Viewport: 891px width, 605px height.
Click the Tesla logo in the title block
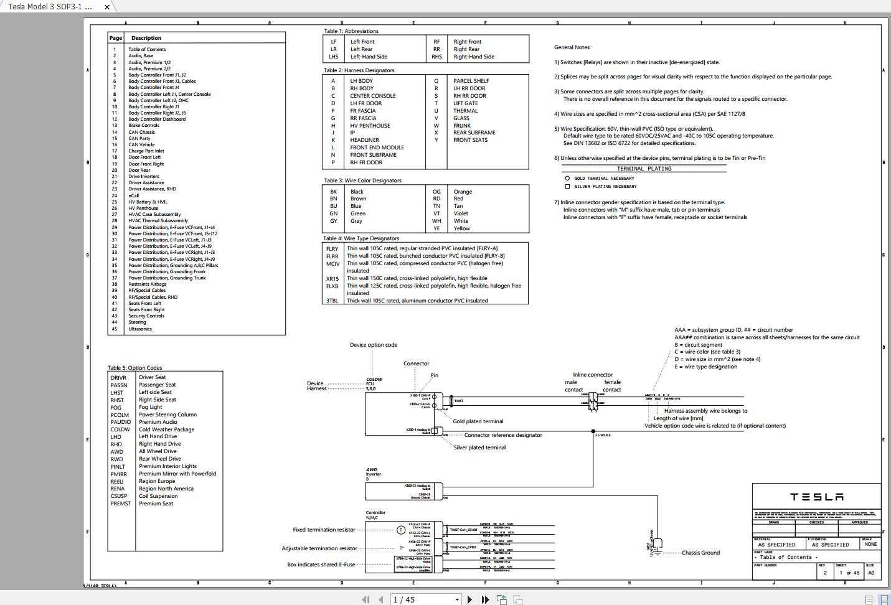pos(816,497)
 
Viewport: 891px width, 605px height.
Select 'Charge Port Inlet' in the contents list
pos(146,151)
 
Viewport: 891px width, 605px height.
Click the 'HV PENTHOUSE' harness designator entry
pos(370,126)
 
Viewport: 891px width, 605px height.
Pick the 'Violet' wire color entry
pos(461,213)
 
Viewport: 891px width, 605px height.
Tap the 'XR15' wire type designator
pos(332,279)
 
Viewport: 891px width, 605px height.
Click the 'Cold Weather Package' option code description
pos(166,429)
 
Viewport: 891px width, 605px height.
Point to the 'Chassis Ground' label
pos(700,553)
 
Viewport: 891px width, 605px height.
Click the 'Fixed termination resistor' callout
pos(324,530)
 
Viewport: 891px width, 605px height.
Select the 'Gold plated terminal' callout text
pos(478,421)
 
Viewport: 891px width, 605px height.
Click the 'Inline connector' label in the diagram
pos(593,375)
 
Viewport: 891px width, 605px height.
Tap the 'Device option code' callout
pos(373,345)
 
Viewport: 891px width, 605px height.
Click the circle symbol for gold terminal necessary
pos(567,178)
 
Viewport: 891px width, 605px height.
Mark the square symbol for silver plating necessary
pos(567,186)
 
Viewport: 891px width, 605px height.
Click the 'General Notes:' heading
pos(572,47)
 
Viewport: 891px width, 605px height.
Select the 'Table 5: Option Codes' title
pos(134,368)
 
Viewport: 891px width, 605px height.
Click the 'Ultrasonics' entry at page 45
pos(140,329)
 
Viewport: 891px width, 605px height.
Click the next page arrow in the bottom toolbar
pos(469,599)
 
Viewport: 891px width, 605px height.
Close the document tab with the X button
pos(107,7)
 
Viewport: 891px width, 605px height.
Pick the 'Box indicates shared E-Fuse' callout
pos(321,565)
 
